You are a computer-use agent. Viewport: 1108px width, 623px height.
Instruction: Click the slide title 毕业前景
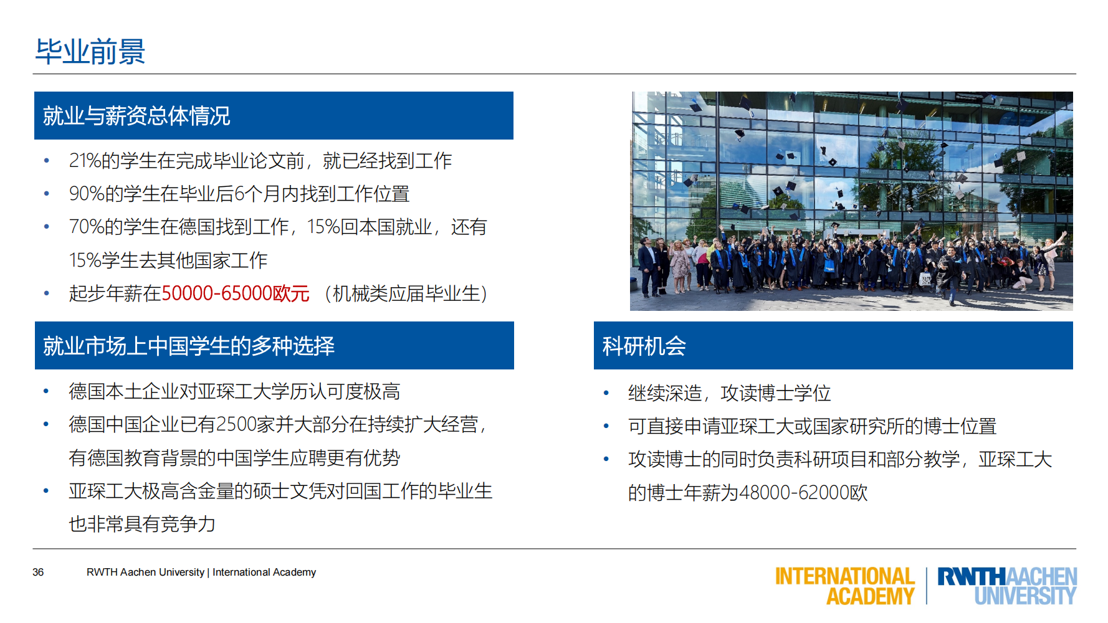(90, 52)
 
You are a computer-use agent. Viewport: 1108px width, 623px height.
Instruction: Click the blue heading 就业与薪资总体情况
(136, 116)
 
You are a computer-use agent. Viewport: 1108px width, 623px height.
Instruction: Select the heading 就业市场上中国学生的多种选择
(188, 346)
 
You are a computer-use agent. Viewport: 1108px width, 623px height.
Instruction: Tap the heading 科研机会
(644, 346)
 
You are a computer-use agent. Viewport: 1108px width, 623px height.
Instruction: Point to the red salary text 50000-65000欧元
(236, 293)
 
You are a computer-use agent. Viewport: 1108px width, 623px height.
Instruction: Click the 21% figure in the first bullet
(85, 161)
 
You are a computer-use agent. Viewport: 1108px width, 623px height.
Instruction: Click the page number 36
(38, 572)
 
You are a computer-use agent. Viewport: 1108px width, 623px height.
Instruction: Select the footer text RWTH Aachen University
(145, 572)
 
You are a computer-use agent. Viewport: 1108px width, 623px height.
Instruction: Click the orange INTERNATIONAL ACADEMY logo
(845, 586)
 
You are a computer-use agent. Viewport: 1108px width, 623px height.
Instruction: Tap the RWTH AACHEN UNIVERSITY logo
(1007, 586)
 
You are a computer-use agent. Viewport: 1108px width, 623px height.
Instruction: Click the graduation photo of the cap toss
(851, 201)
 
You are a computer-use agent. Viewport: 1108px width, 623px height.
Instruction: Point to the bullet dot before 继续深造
(606, 393)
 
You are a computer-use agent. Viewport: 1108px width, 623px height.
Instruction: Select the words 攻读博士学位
(775, 393)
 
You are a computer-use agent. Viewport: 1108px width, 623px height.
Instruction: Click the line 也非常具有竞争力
(142, 524)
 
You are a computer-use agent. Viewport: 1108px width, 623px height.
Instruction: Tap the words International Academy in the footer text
(264, 572)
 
